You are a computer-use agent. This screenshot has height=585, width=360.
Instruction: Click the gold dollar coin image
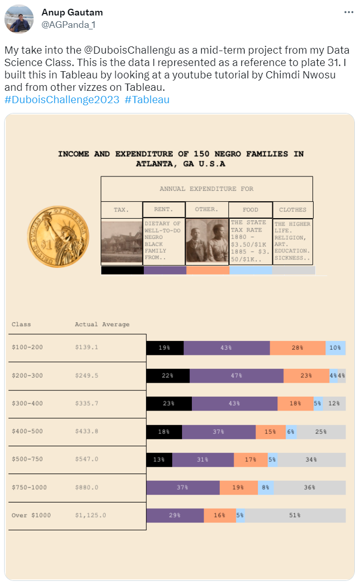coord(58,236)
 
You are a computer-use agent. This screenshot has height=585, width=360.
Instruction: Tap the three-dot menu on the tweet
coord(349,12)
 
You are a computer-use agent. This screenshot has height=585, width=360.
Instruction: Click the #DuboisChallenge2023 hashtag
coord(62,100)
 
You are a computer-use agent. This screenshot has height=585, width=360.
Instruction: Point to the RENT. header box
coord(163,209)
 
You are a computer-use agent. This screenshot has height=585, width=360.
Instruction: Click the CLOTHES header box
coord(292,209)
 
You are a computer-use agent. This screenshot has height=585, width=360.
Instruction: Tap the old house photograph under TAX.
coord(122,242)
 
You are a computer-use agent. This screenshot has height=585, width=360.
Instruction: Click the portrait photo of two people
coord(207,242)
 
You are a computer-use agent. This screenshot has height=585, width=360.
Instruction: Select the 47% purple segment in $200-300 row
coord(236,376)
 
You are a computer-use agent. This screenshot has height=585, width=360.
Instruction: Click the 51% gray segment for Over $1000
coord(295,515)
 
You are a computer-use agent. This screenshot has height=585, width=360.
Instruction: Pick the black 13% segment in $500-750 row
coord(159,460)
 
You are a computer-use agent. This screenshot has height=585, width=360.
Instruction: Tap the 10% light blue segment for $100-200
coord(335,348)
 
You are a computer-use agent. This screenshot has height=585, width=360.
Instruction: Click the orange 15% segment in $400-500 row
coord(270,432)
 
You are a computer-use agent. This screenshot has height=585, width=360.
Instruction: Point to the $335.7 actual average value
coord(87,404)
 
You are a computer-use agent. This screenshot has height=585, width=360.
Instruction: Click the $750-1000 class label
coord(29,488)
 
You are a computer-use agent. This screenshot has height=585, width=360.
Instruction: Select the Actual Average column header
coord(102,324)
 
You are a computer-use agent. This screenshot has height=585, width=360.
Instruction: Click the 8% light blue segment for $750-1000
coord(266,488)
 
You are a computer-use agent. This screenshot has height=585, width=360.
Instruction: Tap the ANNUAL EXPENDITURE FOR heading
coord(206,189)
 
